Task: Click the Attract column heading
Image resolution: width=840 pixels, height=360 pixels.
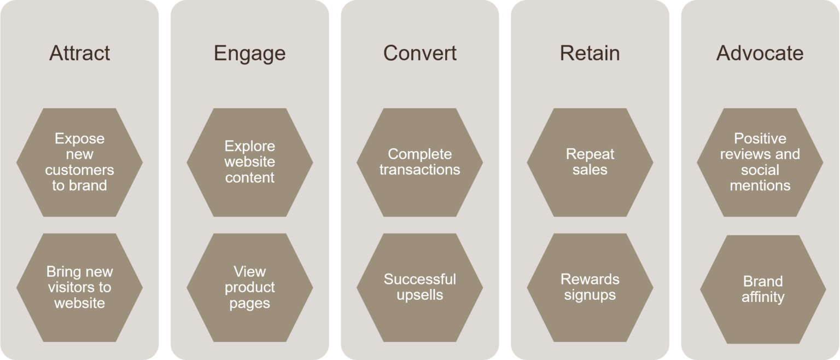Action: coord(79,53)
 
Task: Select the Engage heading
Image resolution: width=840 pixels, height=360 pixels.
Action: coord(249,53)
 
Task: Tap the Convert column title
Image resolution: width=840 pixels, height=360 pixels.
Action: coord(419,53)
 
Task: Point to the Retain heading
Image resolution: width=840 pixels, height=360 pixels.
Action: coord(590,53)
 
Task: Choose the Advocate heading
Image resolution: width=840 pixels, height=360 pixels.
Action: coord(760,53)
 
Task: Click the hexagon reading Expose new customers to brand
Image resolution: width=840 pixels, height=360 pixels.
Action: coord(79,162)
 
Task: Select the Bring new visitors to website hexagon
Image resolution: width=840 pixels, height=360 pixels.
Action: coord(79,287)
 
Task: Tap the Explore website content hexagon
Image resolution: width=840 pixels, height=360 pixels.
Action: coord(249,162)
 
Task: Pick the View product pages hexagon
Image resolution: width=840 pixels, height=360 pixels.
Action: coord(249,287)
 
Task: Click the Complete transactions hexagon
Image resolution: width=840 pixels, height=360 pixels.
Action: coord(419,162)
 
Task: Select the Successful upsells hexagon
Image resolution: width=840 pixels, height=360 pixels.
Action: coord(419,287)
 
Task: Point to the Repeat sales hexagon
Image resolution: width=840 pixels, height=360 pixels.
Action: coord(590,162)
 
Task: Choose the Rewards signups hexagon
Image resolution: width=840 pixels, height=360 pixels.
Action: coord(590,287)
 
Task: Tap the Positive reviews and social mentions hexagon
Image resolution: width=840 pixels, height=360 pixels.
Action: coord(760,162)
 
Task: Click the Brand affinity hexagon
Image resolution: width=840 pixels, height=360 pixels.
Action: coord(762,289)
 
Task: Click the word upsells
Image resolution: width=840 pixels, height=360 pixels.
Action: coord(419,295)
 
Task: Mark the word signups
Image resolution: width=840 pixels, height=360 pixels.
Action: coord(590,295)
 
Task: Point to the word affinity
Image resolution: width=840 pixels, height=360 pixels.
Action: coord(762,297)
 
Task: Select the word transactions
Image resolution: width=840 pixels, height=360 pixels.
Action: coord(419,170)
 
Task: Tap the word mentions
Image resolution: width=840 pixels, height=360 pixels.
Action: coord(760,185)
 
